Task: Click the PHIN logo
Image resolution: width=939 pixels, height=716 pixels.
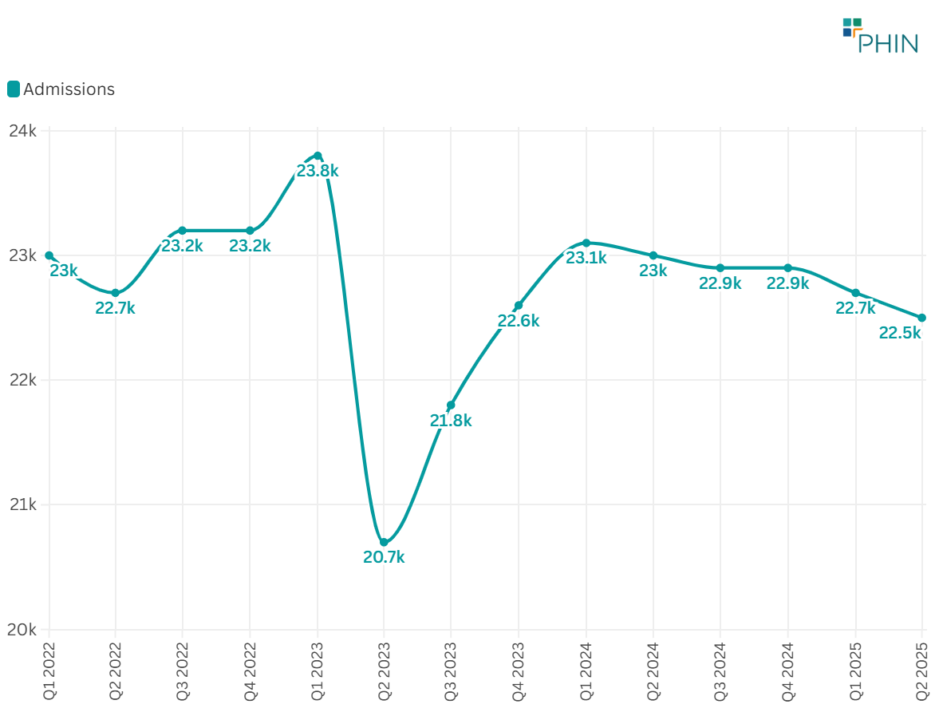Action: pyautogui.click(x=880, y=35)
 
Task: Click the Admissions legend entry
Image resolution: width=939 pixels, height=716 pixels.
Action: pyautogui.click(x=61, y=89)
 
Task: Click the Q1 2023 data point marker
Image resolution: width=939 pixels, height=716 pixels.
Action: pyautogui.click(x=318, y=156)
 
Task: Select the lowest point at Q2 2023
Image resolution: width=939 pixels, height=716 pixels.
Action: pyautogui.click(x=384, y=542)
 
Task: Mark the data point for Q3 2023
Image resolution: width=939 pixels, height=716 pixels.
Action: pyautogui.click(x=451, y=405)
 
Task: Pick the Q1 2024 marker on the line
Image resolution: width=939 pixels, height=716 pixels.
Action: pyautogui.click(x=586, y=243)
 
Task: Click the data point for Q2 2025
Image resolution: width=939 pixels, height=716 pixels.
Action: pyautogui.click(x=922, y=318)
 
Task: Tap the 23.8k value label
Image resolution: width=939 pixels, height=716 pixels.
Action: pyautogui.click(x=318, y=171)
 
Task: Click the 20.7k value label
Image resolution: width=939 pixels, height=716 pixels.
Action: pyautogui.click(x=384, y=558)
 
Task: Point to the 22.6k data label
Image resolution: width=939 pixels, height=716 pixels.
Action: pyautogui.click(x=519, y=322)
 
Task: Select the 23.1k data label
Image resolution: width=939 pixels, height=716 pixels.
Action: pyautogui.click(x=586, y=259)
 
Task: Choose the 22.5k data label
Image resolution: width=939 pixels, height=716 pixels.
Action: pyautogui.click(x=900, y=334)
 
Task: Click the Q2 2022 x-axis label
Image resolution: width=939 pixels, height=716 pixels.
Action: pyautogui.click(x=116, y=671)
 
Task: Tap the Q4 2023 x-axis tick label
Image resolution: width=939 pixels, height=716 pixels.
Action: pyautogui.click(x=519, y=671)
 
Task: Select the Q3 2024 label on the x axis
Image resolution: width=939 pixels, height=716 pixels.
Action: pyautogui.click(x=720, y=671)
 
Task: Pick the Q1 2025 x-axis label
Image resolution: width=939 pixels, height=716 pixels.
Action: pyautogui.click(x=855, y=671)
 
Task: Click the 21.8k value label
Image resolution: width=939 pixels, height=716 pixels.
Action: pyautogui.click(x=451, y=421)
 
